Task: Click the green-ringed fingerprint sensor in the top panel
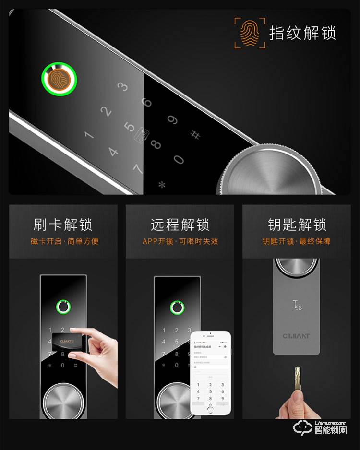point(60,78)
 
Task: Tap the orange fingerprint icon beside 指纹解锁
point(250,33)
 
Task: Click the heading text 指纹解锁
point(302,33)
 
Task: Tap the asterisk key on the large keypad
point(162,184)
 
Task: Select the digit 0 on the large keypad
point(179,159)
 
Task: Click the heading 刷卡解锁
point(63,225)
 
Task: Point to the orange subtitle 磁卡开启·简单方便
point(64,241)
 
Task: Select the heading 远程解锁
point(180,225)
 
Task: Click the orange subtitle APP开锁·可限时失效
point(180,241)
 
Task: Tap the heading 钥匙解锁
point(297,225)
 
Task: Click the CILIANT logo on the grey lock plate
point(296,336)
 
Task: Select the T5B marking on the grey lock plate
point(297,305)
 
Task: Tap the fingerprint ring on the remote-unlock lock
point(177,307)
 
